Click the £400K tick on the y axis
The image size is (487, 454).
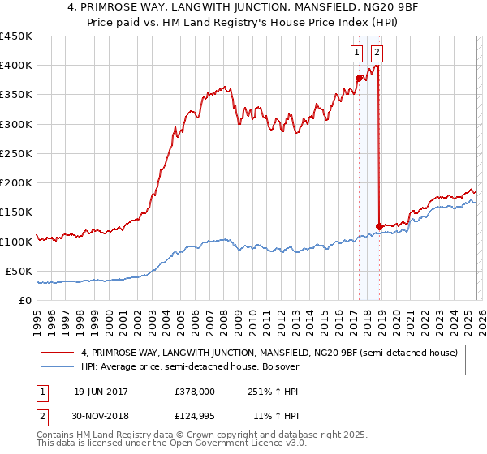pos(16,66)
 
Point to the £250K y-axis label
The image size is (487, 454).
pos(16,153)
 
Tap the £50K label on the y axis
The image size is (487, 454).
pos(19,271)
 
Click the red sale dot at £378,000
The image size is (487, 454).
pos(358,78)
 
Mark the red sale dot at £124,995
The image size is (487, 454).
pos(379,226)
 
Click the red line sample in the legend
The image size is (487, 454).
pos(58,353)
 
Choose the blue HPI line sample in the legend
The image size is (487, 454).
pos(58,366)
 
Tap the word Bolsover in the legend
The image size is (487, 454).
pos(279,366)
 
